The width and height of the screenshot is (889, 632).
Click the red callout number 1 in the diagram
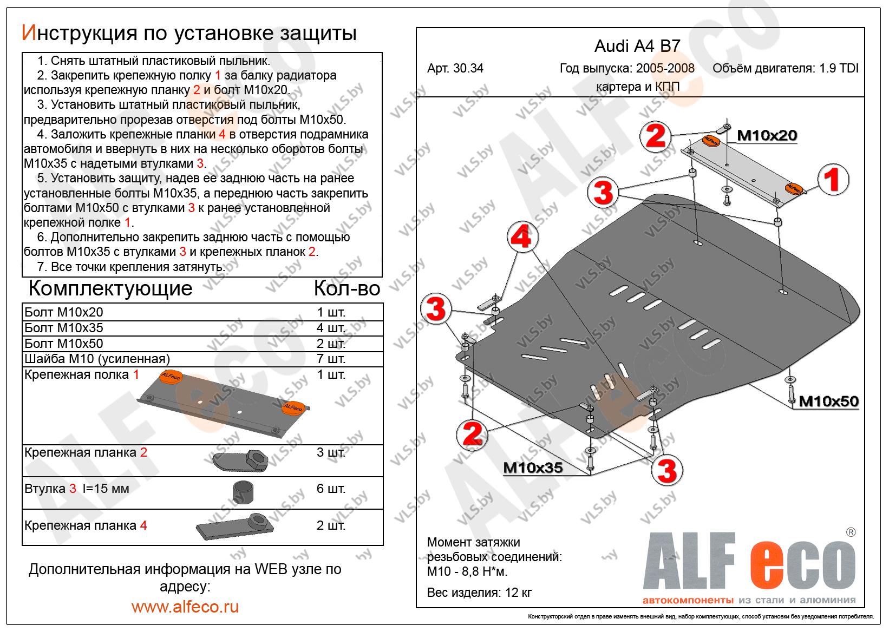tap(832, 180)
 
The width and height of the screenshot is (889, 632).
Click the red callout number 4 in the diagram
tap(522, 238)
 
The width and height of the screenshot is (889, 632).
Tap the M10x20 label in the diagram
tap(767, 135)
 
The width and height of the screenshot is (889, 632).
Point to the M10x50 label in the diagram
tap(828, 401)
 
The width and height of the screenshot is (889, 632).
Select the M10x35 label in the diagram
tap(533, 467)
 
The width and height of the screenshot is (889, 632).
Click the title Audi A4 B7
tap(637, 46)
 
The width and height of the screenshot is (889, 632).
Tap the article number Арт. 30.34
tap(455, 69)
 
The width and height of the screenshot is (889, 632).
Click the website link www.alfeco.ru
tap(185, 607)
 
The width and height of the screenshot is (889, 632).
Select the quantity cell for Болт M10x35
tap(331, 328)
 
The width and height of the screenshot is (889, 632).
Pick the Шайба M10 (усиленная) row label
tap(97, 359)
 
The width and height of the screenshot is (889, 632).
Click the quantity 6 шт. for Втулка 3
tap(331, 489)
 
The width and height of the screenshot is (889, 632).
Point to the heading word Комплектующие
tap(110, 288)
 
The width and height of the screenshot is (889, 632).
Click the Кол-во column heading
tap(347, 288)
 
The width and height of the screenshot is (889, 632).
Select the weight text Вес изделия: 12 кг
tap(479, 592)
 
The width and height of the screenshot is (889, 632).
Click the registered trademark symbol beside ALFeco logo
tap(851, 532)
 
